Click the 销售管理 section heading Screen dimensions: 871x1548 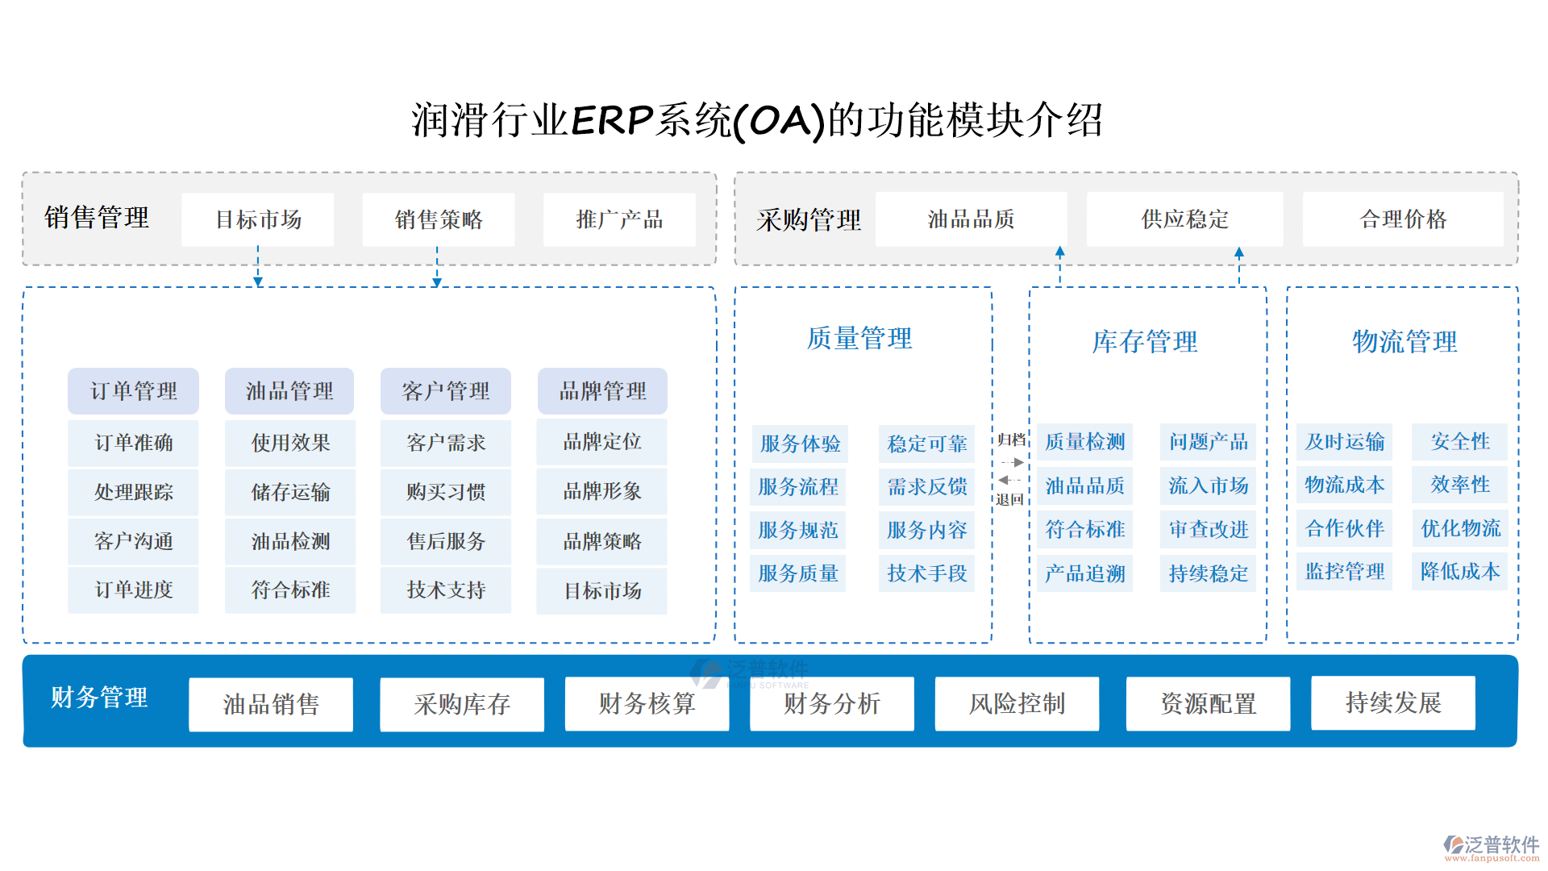97,218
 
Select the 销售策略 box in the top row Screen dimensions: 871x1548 439,219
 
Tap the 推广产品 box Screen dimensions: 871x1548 619,219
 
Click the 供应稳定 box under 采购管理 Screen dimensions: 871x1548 1184,219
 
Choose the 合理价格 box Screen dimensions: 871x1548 1403,219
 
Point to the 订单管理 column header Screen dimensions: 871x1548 134,391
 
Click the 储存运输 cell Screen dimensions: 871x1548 290,492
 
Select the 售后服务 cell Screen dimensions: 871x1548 446,541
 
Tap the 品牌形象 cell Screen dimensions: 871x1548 602,491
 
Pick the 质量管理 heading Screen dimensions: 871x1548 859,339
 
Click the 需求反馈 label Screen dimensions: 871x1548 927,487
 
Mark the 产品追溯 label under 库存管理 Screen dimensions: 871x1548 1085,573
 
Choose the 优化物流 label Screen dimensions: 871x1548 1460,528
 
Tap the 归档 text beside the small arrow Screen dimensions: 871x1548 1011,440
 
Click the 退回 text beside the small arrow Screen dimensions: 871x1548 1009,499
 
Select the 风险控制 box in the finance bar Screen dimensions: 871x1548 1017,704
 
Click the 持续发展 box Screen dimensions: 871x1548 1393,703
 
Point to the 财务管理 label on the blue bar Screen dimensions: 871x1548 99,698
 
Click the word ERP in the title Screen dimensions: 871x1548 613,121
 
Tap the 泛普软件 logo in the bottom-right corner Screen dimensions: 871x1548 1492,847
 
